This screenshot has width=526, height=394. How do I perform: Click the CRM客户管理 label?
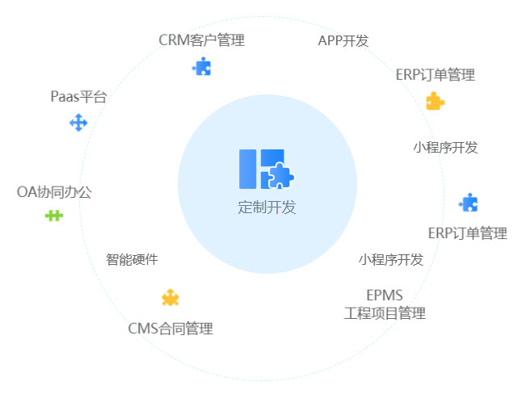[201, 40]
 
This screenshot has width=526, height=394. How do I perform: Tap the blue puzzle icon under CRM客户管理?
[201, 66]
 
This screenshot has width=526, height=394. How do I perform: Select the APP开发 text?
[343, 41]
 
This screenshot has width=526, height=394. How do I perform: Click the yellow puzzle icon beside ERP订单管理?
[435, 101]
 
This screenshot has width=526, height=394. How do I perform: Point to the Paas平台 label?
[78, 97]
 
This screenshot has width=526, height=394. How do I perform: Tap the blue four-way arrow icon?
[78, 123]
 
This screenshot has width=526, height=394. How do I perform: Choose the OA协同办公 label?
[54, 192]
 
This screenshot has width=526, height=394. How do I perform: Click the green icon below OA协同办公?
[53, 216]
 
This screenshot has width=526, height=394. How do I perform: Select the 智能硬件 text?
[132, 260]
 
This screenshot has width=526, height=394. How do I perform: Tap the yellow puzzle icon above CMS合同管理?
[170, 298]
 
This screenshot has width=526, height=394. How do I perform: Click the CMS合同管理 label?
[170, 329]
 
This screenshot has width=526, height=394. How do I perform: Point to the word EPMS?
[385, 295]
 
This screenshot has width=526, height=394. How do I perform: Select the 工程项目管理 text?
[385, 313]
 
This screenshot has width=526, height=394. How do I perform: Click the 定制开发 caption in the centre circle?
[267, 207]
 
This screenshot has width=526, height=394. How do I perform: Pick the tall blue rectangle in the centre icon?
[247, 169]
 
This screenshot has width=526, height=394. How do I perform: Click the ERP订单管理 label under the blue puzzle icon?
[467, 233]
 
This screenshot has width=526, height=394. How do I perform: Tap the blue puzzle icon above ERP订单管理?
[468, 203]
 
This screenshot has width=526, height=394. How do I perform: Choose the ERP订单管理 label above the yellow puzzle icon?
[435, 75]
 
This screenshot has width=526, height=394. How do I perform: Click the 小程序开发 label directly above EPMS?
[391, 260]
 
